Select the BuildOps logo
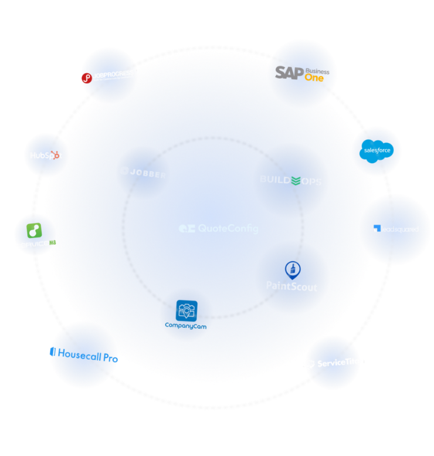coord(290,181)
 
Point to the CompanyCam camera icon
coord(187,309)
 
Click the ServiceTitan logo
coord(333,363)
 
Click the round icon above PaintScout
coord(292,269)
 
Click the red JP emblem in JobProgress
coord(87,77)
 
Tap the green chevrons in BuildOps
coord(297,181)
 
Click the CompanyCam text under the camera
coord(187,325)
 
